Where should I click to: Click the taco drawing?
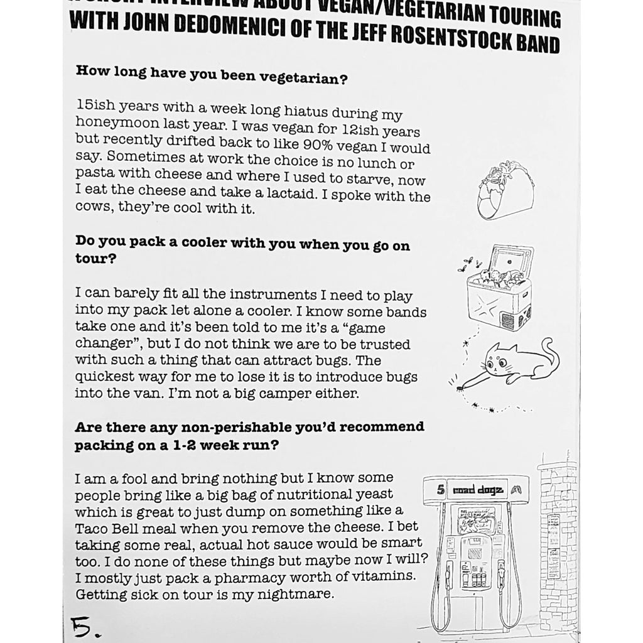pyautogui.click(x=504, y=190)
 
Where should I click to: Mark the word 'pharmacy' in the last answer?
pyautogui.click(x=247, y=576)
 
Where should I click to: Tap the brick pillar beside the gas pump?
pyautogui.click(x=557, y=540)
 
